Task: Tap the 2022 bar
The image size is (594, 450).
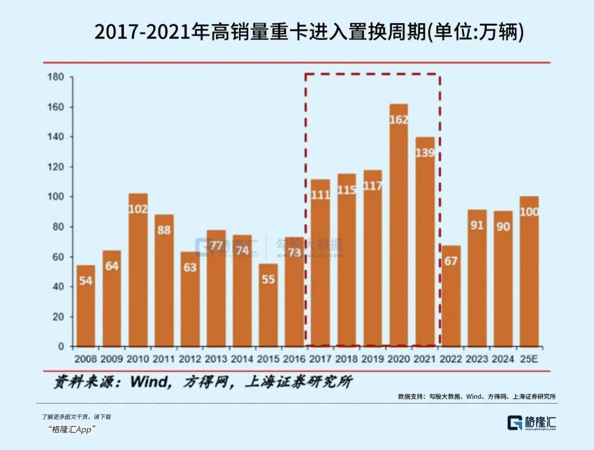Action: [451, 296]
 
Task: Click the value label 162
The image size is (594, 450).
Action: [399, 119]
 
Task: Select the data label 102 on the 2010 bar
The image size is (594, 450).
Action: [138, 209]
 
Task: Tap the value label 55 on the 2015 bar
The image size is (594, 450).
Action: [268, 278]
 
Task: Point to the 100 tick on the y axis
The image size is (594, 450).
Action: [55, 197]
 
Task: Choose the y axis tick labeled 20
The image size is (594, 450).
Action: [57, 317]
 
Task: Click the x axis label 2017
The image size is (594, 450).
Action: [320, 359]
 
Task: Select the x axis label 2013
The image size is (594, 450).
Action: [216, 359]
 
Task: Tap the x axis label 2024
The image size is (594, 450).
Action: [503, 359]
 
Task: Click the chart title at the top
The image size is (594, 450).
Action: [309, 32]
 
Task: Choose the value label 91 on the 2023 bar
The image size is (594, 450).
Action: [477, 225]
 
